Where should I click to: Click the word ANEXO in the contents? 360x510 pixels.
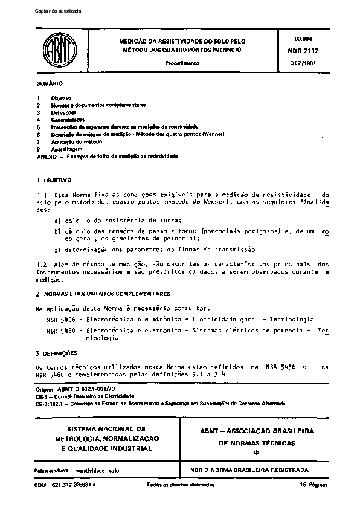(x=45, y=156)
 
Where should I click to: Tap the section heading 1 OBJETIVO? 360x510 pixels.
(x=54, y=180)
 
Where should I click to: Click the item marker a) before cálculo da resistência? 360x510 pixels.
(x=57, y=222)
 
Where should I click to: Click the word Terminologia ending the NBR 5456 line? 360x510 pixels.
(x=288, y=318)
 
